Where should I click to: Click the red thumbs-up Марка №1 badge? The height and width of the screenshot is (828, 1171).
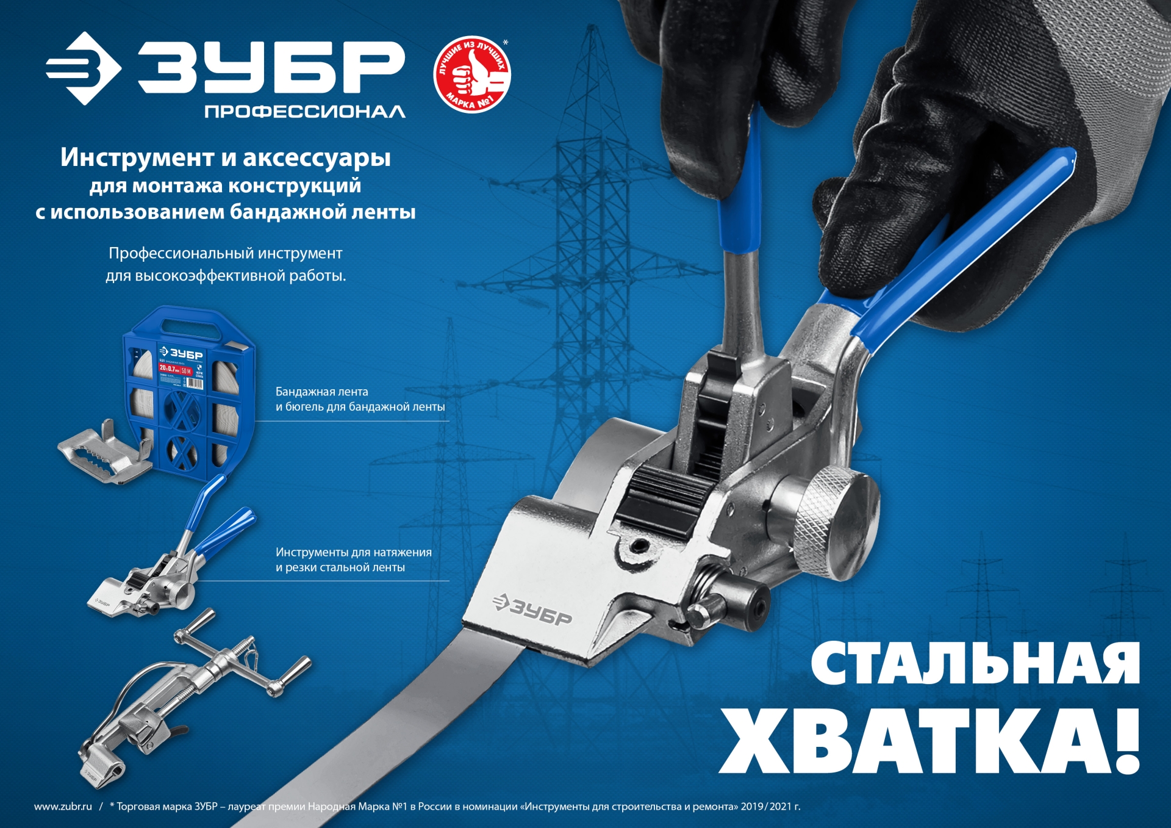[471, 74]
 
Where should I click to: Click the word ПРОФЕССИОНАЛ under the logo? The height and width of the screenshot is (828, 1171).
[304, 112]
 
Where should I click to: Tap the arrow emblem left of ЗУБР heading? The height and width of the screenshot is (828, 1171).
[83, 68]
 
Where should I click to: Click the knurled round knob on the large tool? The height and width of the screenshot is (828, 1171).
[837, 523]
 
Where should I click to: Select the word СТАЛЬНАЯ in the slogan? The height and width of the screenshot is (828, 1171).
[975, 664]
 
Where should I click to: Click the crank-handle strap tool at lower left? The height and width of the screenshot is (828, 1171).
[189, 696]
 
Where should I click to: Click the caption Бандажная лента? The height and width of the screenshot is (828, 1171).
[321, 392]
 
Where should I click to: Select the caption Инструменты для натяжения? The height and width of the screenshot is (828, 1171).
[353, 552]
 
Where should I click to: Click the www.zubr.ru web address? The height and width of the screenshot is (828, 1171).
[63, 807]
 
